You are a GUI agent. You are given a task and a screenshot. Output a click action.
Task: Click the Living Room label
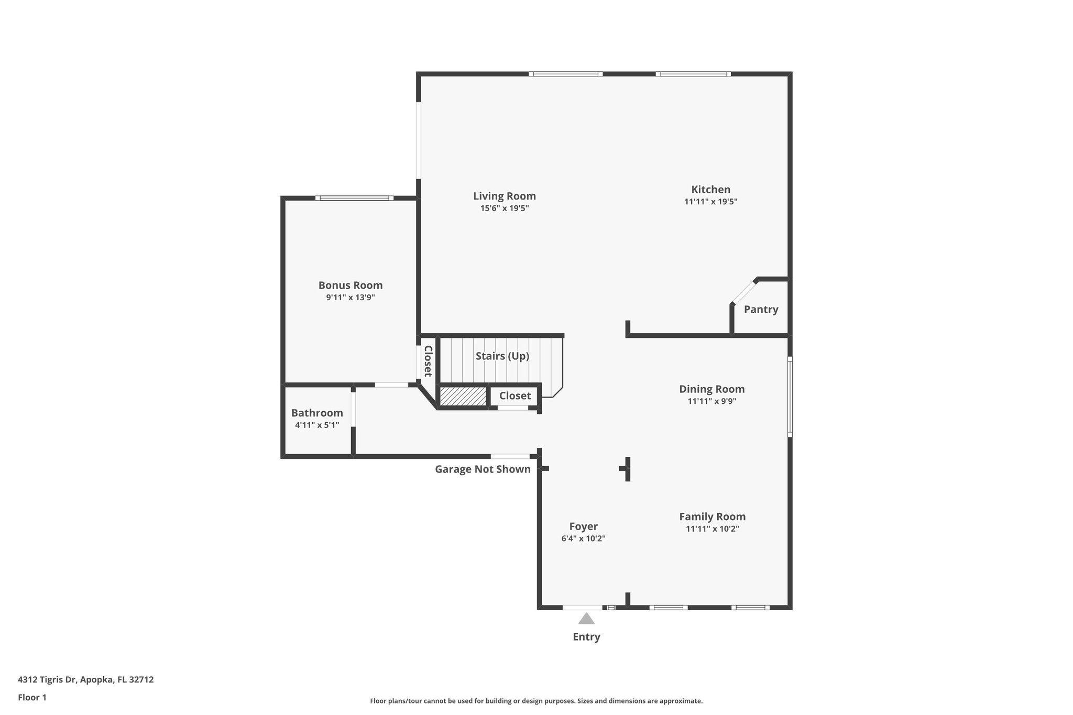click(504, 196)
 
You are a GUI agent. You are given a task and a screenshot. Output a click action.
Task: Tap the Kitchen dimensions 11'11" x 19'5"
click(710, 202)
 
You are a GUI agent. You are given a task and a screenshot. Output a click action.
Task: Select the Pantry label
click(761, 309)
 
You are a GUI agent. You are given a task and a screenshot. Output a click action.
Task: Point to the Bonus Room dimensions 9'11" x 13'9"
click(350, 298)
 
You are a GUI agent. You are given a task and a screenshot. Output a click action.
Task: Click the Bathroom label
click(317, 413)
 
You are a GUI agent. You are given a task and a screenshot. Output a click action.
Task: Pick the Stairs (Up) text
click(502, 356)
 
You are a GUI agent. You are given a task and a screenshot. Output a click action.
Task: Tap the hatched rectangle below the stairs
click(463, 396)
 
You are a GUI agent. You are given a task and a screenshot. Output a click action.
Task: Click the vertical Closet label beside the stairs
click(428, 361)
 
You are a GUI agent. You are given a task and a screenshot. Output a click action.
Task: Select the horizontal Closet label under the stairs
click(514, 396)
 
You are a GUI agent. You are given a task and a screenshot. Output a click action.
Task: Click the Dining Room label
click(711, 389)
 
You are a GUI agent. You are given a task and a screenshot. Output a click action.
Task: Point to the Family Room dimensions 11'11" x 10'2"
click(712, 529)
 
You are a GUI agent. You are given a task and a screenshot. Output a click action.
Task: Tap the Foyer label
click(583, 526)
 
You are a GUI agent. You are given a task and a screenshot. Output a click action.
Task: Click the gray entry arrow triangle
click(586, 619)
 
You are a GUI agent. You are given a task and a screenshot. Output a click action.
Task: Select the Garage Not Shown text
click(483, 469)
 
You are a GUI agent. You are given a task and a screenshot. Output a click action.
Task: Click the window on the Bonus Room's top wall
click(354, 198)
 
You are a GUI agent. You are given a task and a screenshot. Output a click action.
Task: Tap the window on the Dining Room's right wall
click(790, 397)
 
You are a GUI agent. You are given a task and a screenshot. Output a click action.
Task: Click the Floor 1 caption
click(32, 698)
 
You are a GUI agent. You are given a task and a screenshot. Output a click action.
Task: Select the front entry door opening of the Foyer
click(583, 608)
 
